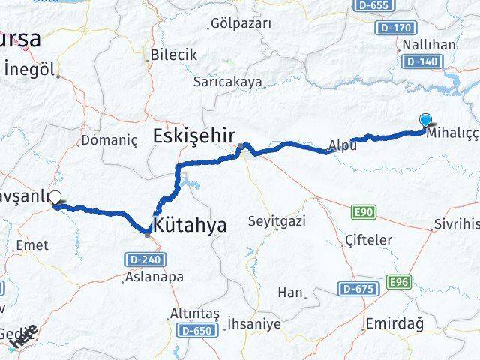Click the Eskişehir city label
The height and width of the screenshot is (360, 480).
(193, 136)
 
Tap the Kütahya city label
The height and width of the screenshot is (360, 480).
(189, 224)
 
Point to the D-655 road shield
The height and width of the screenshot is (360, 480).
(372, 6)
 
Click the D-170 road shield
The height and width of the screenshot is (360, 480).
(397, 28)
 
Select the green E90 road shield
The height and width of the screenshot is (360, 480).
(364, 212)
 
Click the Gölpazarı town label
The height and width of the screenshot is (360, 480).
(241, 23)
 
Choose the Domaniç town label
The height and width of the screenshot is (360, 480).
(109, 140)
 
